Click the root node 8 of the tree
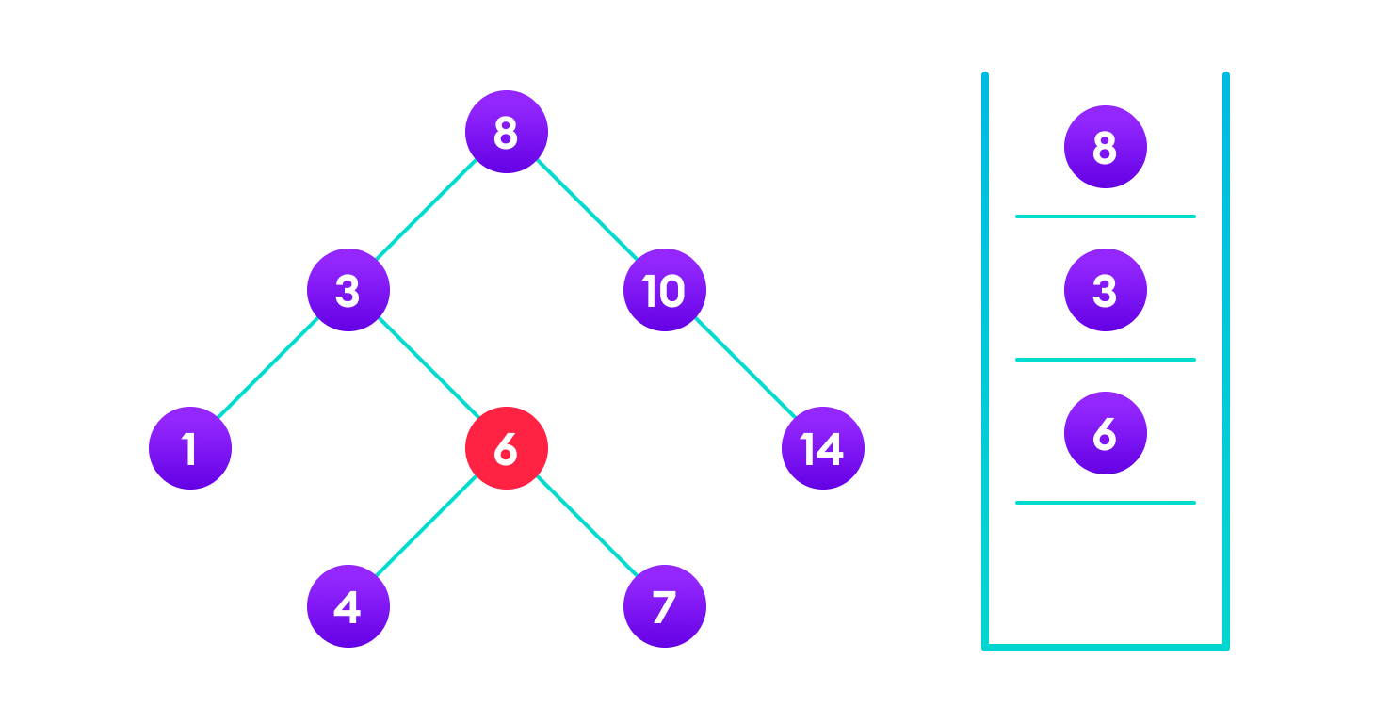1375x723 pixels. click(507, 132)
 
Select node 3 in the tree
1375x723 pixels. click(348, 290)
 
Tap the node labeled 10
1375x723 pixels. click(665, 290)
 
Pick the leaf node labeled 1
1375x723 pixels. click(190, 448)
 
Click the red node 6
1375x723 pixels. click(507, 448)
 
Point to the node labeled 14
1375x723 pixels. click(823, 448)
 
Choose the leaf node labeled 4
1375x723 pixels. click(348, 606)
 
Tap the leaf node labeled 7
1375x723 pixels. click(665, 606)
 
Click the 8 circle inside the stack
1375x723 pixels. click(1106, 147)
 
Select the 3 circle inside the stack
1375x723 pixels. click(1106, 290)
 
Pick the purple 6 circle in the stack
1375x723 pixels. click(1106, 433)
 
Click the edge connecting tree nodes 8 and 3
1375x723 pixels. click(428, 211)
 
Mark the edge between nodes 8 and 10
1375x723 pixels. click(586, 211)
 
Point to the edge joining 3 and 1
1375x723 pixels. click(269, 369)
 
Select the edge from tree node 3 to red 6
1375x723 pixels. click(428, 369)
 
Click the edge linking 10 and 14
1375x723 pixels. click(744, 369)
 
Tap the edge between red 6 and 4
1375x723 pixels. click(428, 527)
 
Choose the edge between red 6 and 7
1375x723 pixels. click(586, 527)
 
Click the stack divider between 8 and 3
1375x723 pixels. click(1106, 217)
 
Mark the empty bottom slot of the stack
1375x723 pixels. click(1106, 574)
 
